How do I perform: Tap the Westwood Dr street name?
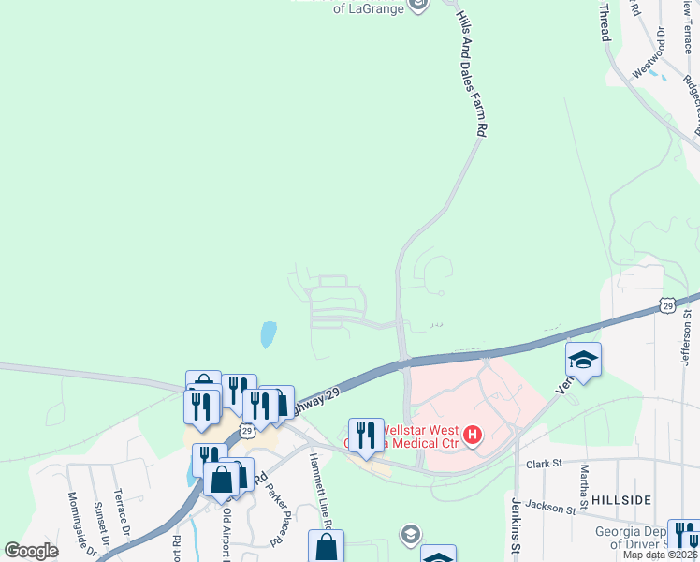pyautogui.click(x=651, y=51)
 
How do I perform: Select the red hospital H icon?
pyautogui.click(x=473, y=435)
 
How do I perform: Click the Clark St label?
pyautogui.click(x=542, y=462)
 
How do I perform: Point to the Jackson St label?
pyautogui.click(x=549, y=509)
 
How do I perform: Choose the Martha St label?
pyautogui.click(x=584, y=483)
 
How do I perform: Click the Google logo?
pyautogui.click(x=32, y=551)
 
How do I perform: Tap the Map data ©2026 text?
pyautogui.click(x=661, y=555)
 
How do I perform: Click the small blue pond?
pyautogui.click(x=269, y=333)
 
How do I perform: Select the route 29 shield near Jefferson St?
pyautogui.click(x=665, y=304)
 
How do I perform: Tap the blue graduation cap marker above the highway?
pyautogui.click(x=583, y=360)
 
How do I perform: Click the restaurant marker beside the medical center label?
pyautogui.click(x=366, y=436)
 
